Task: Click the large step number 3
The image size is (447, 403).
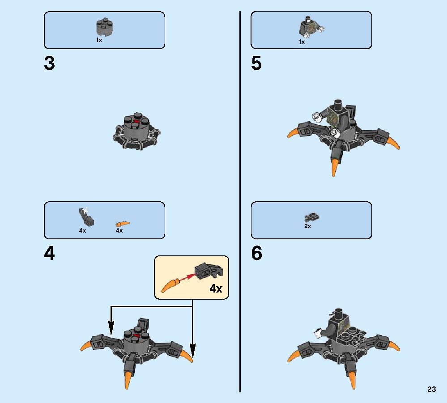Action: pyautogui.click(x=49, y=63)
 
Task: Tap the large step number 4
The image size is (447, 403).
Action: pyautogui.click(x=49, y=253)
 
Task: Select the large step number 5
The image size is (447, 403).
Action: pyautogui.click(x=256, y=63)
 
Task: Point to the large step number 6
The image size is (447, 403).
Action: pyautogui.click(x=256, y=253)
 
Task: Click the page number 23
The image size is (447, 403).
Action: pyautogui.click(x=432, y=389)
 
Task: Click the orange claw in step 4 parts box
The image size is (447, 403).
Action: pyautogui.click(x=123, y=224)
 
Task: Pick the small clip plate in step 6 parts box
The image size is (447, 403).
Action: pyautogui.click(x=311, y=217)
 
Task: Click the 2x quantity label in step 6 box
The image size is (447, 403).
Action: pyautogui.click(x=307, y=226)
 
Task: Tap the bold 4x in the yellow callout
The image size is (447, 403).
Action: pyautogui.click(x=216, y=288)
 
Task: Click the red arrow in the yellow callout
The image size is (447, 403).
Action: pyautogui.click(x=187, y=277)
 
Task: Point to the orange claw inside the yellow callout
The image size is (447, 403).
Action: pyautogui.click(x=170, y=285)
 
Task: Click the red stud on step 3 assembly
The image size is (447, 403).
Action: pyautogui.click(x=136, y=122)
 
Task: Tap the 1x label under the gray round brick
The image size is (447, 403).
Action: pyautogui.click(x=99, y=40)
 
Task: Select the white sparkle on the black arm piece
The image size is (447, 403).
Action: pyautogui.click(x=85, y=211)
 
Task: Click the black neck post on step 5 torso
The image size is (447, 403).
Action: pyautogui.click(x=338, y=105)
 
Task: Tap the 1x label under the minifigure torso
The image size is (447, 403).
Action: pyautogui.click(x=302, y=42)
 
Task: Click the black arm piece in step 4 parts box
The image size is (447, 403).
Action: pyautogui.click(x=86, y=217)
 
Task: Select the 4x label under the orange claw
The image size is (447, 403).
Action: pyautogui.click(x=119, y=230)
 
